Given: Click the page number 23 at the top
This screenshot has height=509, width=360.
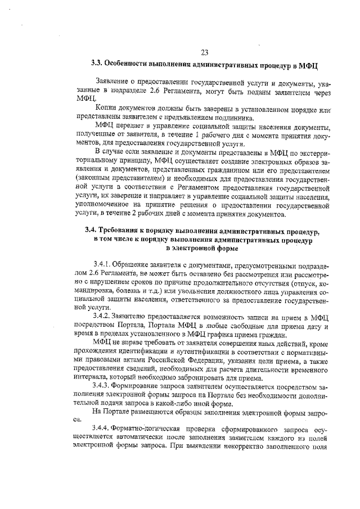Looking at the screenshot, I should pos(204,53).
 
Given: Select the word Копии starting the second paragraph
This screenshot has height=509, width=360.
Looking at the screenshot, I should pos(106,109).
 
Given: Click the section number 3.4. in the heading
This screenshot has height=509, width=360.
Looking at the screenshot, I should pos(92,231).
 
